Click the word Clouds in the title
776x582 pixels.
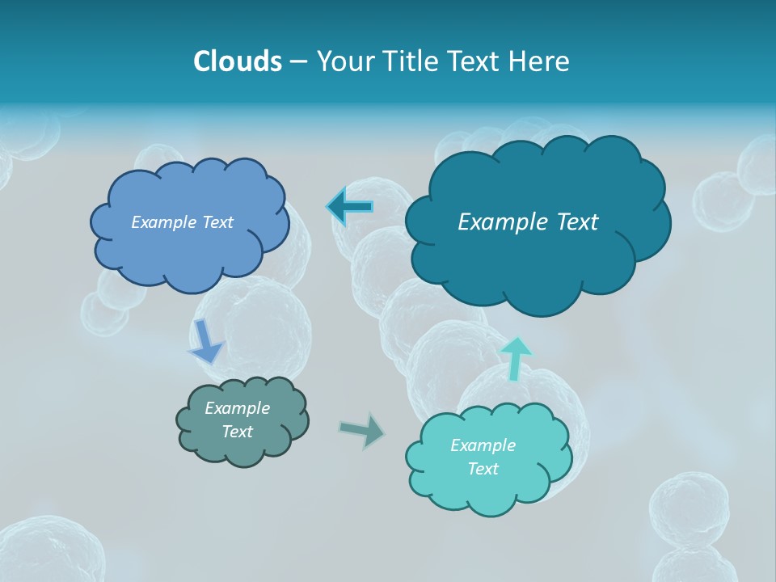(238, 61)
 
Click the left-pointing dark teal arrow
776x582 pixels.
(350, 207)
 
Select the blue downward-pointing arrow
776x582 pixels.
(206, 340)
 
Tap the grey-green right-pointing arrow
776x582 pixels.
(363, 430)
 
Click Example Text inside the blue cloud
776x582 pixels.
(182, 222)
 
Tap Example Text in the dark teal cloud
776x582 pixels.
(528, 222)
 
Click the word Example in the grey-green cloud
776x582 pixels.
(237, 408)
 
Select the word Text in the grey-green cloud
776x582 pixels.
(237, 432)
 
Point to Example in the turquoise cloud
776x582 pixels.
(483, 445)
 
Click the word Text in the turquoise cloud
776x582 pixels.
(483, 469)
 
